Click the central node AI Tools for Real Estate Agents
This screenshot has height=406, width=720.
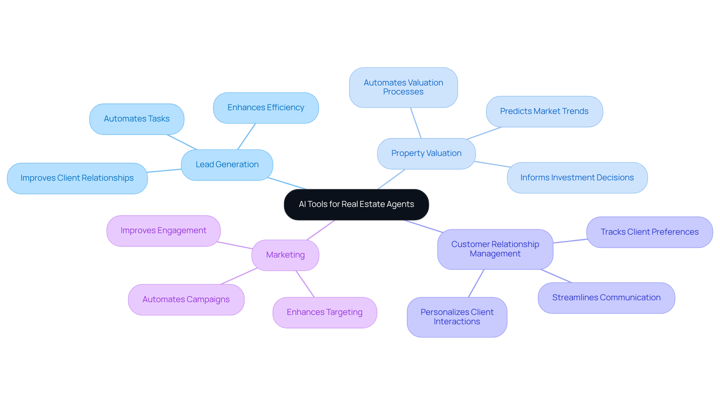coord(356,204)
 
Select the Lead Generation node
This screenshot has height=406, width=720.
coord(227,165)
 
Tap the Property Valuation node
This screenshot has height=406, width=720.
coord(426,153)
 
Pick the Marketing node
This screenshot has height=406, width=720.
coord(285,255)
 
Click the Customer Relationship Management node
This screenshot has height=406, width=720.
coord(495,249)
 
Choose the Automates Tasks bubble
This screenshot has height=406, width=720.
coord(136,119)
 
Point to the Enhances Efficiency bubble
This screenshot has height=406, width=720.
coord(265,108)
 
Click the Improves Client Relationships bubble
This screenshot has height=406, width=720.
coord(77,178)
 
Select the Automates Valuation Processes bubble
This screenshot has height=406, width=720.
coord(403,87)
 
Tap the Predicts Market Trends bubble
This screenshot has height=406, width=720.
coord(544,111)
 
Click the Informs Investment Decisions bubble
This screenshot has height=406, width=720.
coord(577,178)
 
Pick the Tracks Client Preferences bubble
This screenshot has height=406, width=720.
coord(649,232)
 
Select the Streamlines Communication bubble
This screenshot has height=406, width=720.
coord(606,298)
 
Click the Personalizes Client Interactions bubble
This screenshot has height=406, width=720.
coord(457,317)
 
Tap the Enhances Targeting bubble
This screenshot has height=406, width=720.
coord(324,312)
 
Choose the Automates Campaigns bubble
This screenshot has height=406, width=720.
coord(186,300)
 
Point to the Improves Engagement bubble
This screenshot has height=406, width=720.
coord(163,231)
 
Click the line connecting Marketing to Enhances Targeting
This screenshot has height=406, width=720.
coord(305,284)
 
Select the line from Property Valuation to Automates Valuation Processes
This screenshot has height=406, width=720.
coord(416,123)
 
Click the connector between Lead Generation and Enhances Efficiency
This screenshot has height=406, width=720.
coord(246,136)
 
